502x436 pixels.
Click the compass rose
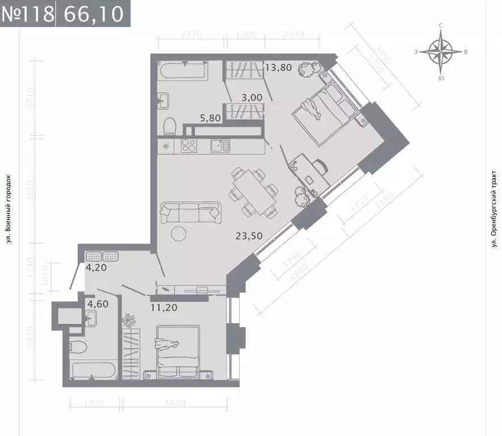(441, 52)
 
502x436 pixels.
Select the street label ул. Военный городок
(9, 208)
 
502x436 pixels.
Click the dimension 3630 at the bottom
(173, 404)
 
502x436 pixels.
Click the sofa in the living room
(190, 212)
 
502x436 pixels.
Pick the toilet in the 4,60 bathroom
(78, 346)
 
